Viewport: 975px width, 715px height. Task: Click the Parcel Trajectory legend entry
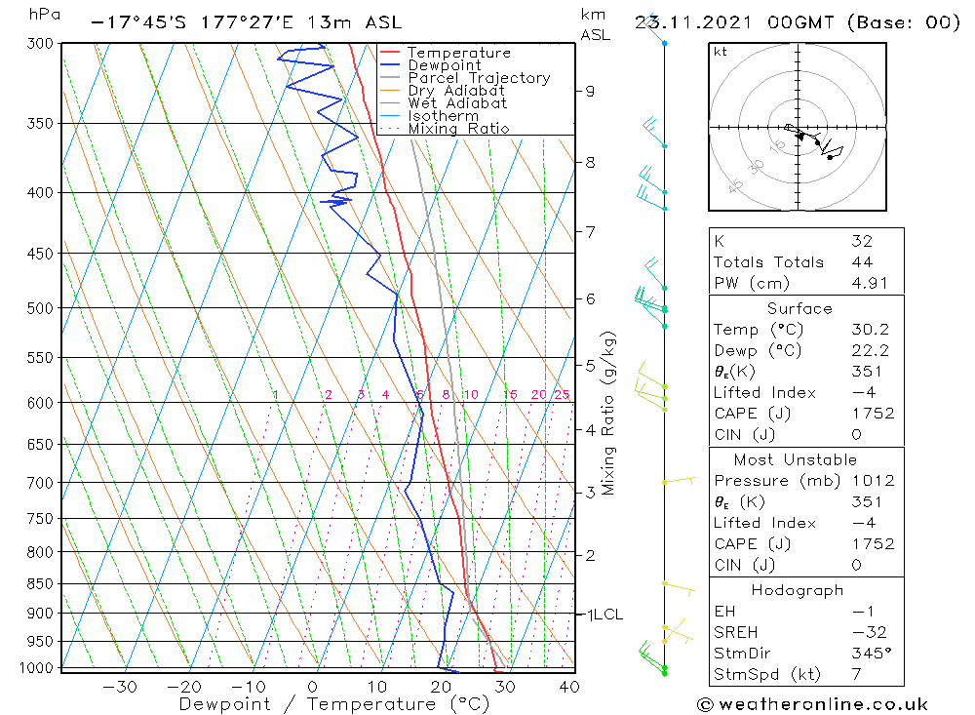(x=479, y=78)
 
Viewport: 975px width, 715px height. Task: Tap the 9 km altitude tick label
(x=590, y=91)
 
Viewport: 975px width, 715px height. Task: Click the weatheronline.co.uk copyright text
(x=812, y=704)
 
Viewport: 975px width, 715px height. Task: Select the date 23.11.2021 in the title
(x=692, y=21)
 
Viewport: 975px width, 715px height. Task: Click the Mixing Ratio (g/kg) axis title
(x=608, y=413)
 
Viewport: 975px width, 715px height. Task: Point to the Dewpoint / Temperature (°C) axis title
(x=333, y=704)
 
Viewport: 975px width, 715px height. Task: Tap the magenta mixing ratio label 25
(x=562, y=395)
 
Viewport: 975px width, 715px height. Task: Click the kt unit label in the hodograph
(x=721, y=52)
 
